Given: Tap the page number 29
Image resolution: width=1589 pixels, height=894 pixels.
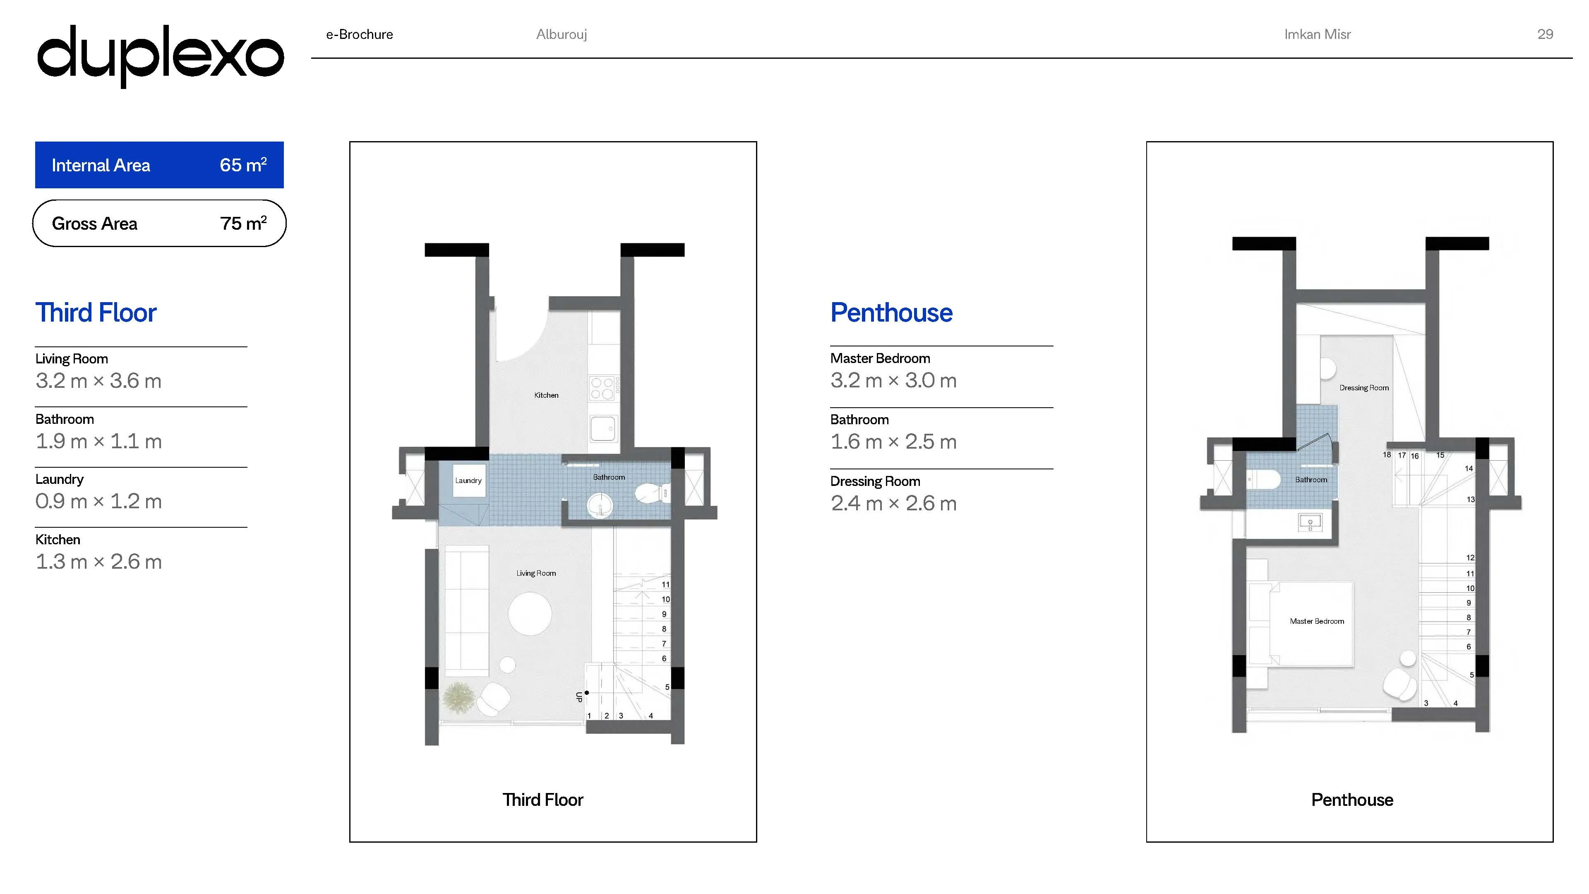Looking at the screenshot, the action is [1545, 34].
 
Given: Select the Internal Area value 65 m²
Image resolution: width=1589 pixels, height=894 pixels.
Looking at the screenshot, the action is [243, 165].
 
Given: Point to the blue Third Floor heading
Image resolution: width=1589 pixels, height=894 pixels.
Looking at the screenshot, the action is [96, 313].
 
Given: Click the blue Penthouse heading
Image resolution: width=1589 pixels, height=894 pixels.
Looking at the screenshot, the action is [891, 313].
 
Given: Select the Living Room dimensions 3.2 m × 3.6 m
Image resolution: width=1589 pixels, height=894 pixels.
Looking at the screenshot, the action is [99, 381].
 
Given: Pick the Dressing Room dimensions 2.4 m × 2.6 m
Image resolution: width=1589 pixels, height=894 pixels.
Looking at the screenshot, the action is [894, 503].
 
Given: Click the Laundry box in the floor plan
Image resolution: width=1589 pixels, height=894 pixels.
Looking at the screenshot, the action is [468, 480].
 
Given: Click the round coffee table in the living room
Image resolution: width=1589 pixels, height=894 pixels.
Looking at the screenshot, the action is [530, 614].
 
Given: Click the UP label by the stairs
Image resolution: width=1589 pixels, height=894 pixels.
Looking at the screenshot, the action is [578, 697].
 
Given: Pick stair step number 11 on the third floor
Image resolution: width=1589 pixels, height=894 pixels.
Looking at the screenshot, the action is [665, 584].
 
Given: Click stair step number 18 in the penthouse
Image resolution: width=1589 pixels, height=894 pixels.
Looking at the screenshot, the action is [1387, 455].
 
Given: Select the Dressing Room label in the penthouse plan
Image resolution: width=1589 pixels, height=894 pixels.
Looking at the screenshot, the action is [1364, 387].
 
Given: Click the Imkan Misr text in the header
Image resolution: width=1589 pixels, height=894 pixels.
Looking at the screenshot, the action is [1317, 34].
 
